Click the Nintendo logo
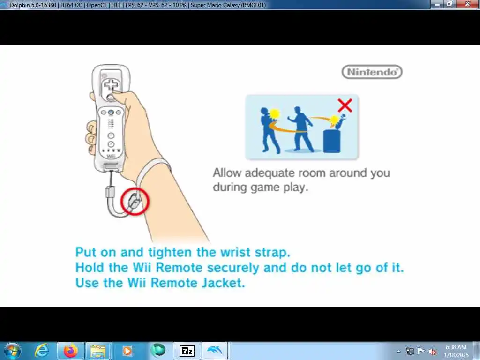[372, 72]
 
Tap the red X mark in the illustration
[345, 105]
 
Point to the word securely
[233, 268]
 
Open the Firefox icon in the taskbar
[70, 351]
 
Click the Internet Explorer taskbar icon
[41, 351]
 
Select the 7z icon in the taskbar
[187, 351]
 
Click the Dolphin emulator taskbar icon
[215, 351]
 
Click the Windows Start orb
[13, 351]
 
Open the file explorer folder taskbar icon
[98, 351]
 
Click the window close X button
[467, 4]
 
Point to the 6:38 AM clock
[456, 347]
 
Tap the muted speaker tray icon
[433, 351]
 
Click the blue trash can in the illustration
[332, 141]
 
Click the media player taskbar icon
[127, 351]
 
